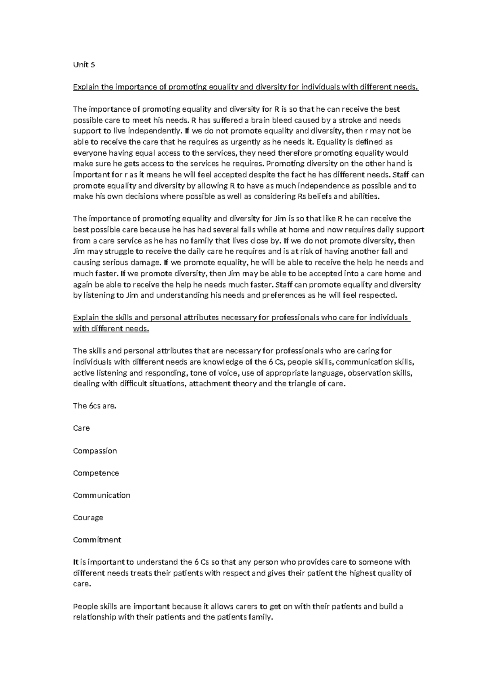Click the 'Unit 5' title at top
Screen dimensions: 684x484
click(84, 65)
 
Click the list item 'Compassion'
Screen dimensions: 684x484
click(95, 451)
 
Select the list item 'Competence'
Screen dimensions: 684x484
click(96, 473)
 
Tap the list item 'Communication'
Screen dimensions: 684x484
click(102, 495)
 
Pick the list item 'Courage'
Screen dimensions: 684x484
click(88, 517)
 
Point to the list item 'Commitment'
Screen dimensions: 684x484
click(97, 540)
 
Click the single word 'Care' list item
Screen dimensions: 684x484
click(81, 428)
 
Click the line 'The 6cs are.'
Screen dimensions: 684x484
click(94, 406)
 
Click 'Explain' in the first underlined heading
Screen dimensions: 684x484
click(86, 87)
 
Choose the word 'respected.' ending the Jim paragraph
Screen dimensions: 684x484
click(380, 295)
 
